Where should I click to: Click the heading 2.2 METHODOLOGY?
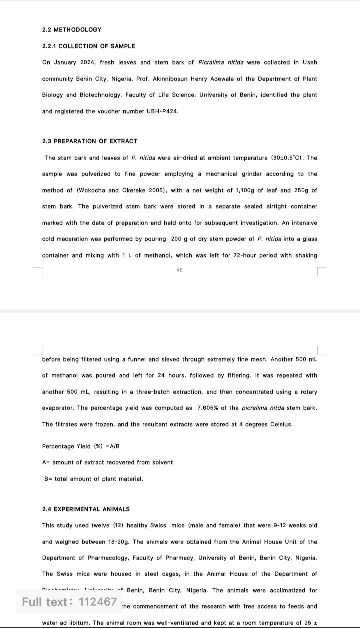pyautogui.click(x=72, y=30)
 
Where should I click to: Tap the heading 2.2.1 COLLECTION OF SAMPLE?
pyautogui.click(x=88, y=46)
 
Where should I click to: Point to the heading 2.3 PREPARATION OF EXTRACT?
pyautogui.click(x=90, y=141)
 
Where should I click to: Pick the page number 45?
pyautogui.click(x=180, y=270)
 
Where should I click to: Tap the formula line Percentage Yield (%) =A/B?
pyautogui.click(x=81, y=446)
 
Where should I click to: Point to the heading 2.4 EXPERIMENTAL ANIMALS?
pyautogui.click(x=86, y=509)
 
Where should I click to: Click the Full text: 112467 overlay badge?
pyautogui.click(x=69, y=602)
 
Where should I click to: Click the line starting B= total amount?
pyautogui.click(x=94, y=479)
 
